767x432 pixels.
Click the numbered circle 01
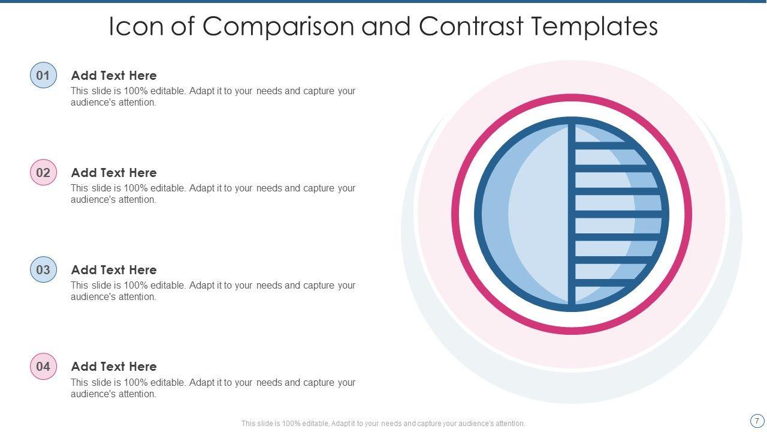43,76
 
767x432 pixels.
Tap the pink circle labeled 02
43,173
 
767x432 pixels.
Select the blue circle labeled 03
43,270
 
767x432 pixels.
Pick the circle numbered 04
43,367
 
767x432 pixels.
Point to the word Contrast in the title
470,27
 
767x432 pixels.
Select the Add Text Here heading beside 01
114,76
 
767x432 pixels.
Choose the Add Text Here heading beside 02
114,173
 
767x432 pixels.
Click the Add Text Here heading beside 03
114,270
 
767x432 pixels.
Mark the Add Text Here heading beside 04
114,367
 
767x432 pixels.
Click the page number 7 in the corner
757,421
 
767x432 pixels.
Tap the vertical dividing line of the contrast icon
572,214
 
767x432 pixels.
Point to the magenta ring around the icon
455,214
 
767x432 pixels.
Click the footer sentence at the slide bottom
383,424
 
